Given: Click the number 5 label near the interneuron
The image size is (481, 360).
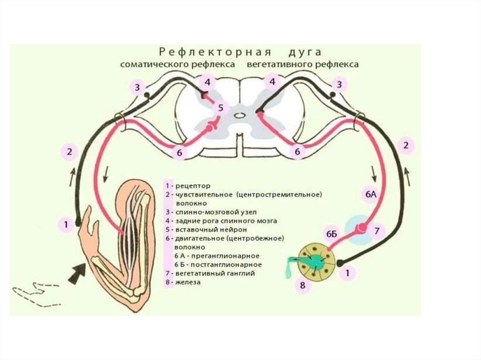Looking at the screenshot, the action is coord(219,108).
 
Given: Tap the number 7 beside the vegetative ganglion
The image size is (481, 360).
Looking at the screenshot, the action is coord(377,230).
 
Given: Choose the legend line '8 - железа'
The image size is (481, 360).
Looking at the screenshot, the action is coord(183,283).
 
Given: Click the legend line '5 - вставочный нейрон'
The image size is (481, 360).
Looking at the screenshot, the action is coord(206,230).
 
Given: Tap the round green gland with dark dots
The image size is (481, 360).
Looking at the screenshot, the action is coord(318,260).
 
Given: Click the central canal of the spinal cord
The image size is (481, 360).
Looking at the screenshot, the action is coord(240,115).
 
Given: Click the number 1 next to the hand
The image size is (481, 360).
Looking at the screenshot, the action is coord(66,225).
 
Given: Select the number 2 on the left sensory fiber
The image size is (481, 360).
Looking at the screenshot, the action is coord(70,151).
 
